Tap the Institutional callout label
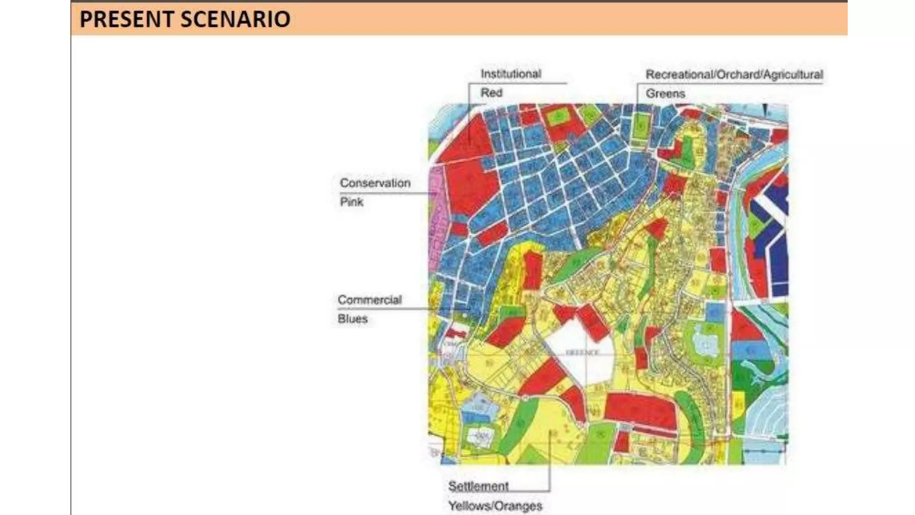coord(511,74)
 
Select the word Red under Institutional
coord(491,93)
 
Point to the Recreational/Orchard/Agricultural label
coord(734,75)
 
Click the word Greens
coord(665,93)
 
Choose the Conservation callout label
coord(375,183)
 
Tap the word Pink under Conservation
coord(352,202)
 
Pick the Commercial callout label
coord(369,300)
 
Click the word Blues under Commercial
coord(353,319)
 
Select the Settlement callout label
coord(478,486)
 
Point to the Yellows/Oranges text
coord(495,506)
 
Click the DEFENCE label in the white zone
coord(582,353)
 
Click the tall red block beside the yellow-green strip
coord(532,270)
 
